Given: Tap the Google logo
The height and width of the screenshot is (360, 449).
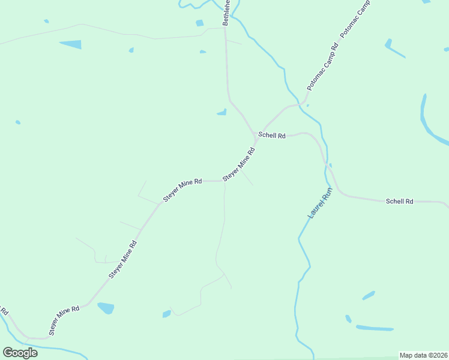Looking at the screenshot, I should (x=20, y=352).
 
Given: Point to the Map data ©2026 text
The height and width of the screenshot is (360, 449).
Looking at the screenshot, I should (x=423, y=355).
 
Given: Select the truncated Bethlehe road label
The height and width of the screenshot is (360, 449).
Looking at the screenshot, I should (x=226, y=13).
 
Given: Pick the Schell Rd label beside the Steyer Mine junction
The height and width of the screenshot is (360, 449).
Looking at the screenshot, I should (x=272, y=136).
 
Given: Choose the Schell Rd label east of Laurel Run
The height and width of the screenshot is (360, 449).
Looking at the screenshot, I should (x=399, y=202).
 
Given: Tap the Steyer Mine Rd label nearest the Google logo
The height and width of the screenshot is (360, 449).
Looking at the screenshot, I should (x=64, y=320).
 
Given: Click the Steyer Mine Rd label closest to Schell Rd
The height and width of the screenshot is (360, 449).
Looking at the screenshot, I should (x=239, y=164).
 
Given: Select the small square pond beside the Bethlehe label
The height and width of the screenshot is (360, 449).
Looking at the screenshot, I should (x=199, y=23).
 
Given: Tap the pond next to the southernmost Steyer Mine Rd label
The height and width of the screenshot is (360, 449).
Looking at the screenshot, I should (x=106, y=308).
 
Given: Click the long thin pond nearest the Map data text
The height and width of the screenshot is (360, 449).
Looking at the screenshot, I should (x=375, y=328).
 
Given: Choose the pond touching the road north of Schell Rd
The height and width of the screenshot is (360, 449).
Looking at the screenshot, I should (x=222, y=112).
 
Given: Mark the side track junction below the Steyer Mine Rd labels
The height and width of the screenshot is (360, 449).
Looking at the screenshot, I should (x=224, y=182).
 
